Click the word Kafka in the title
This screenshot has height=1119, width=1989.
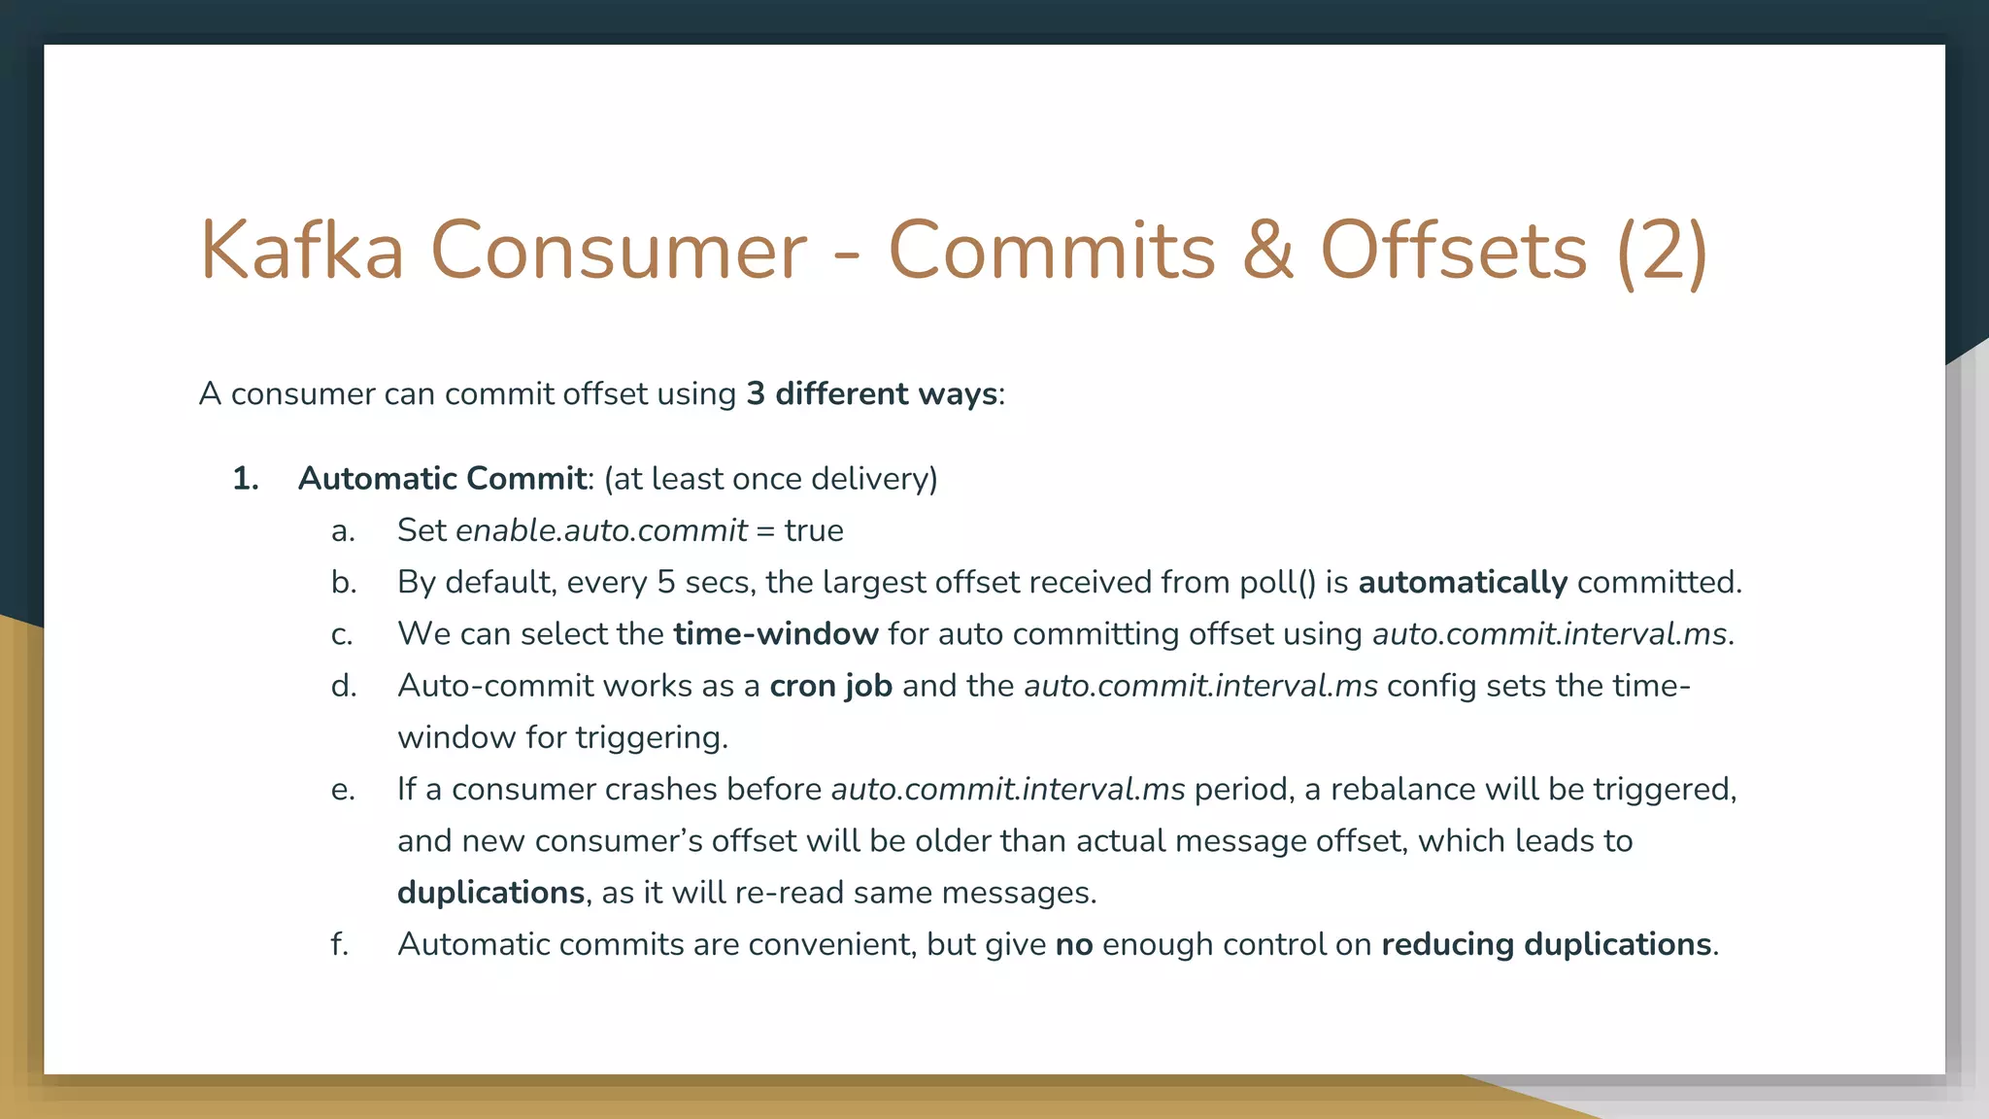[x=301, y=251]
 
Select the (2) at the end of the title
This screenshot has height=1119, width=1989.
[x=1662, y=251]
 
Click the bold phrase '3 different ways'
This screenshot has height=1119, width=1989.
[x=871, y=393]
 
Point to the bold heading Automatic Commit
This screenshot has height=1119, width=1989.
[x=442, y=479]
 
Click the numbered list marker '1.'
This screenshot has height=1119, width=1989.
[x=246, y=479]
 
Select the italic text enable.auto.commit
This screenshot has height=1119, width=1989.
[x=601, y=530]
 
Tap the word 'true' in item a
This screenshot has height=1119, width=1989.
[x=814, y=530]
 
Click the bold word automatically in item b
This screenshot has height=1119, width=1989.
[x=1462, y=582]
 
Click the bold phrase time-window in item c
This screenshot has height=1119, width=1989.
[x=775, y=633]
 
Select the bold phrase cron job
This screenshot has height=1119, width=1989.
[x=830, y=686]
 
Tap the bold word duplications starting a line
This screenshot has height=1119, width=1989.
[x=490, y=892]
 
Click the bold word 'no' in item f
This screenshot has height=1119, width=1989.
[x=1073, y=944]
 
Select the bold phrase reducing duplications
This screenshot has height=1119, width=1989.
[x=1545, y=944]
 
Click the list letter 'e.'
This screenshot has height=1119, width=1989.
[x=342, y=789]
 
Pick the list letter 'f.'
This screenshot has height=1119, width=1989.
[x=339, y=944]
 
